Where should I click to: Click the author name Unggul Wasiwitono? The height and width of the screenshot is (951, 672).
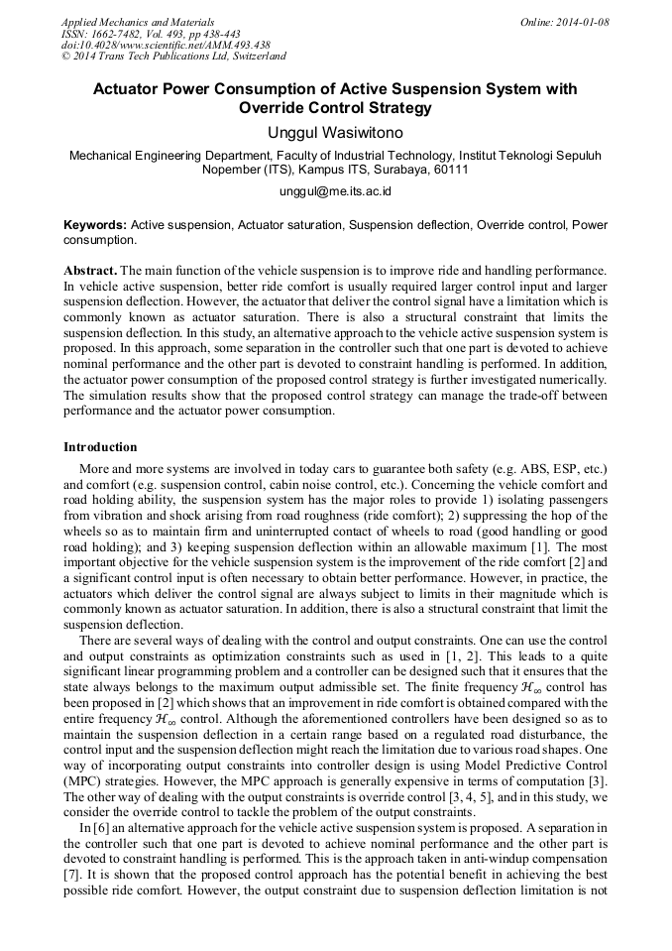(335, 132)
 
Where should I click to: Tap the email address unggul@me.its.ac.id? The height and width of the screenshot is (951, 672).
(335, 190)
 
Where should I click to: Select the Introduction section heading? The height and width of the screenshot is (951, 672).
(100, 447)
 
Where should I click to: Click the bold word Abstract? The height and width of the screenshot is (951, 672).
(90, 271)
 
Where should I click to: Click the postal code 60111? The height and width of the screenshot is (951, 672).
(448, 170)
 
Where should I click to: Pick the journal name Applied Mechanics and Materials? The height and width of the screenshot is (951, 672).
(137, 22)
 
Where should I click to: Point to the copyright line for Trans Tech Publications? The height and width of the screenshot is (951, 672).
(174, 58)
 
